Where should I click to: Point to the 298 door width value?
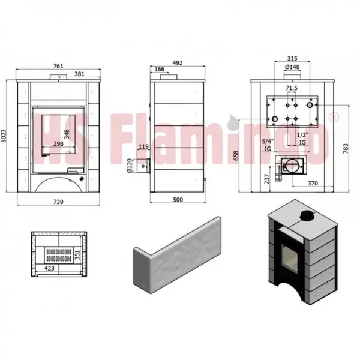point(58,144)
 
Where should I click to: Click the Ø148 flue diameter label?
point(292,67)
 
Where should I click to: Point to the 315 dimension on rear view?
point(292,59)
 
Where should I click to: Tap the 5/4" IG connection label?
point(268,143)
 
